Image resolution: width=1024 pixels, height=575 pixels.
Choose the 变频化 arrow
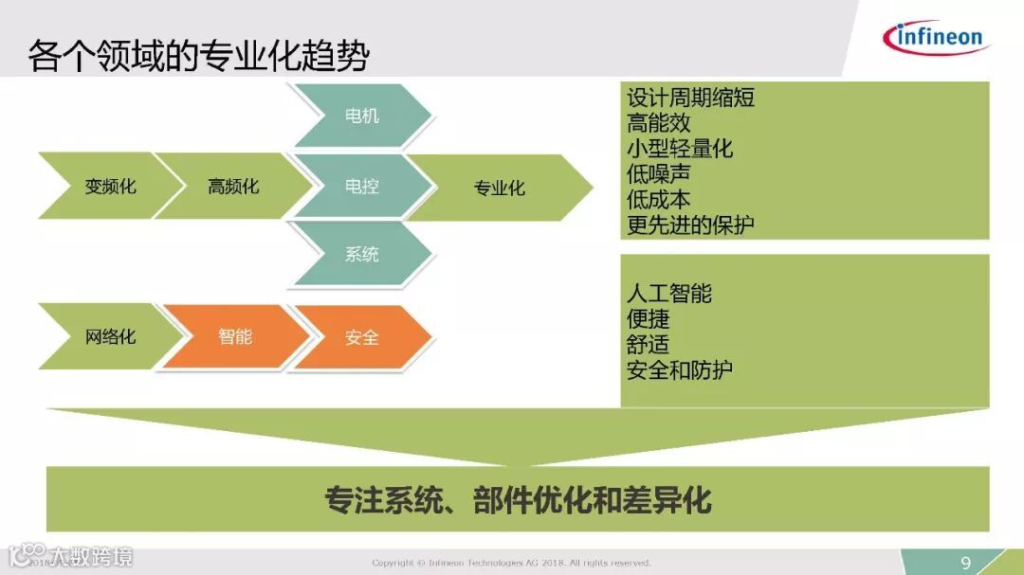(x=110, y=187)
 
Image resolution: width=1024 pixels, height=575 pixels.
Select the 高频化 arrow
(x=233, y=187)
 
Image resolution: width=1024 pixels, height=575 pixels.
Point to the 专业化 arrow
(x=499, y=188)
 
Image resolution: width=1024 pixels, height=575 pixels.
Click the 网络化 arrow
(x=110, y=336)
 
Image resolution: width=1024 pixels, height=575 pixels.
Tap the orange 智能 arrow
(x=235, y=336)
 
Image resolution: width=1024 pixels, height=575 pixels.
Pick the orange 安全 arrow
(x=361, y=337)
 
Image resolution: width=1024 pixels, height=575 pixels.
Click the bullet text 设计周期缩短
(x=690, y=98)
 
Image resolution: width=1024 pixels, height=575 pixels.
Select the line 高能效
(x=658, y=123)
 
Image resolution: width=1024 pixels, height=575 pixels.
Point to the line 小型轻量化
(x=679, y=149)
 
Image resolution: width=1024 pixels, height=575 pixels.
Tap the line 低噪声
(x=658, y=174)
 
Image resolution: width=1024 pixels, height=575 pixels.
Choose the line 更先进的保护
(x=690, y=225)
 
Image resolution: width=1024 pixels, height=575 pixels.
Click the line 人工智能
(x=668, y=294)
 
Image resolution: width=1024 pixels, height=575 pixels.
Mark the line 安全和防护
(x=679, y=370)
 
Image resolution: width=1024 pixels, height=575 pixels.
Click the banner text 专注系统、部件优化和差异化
(x=518, y=499)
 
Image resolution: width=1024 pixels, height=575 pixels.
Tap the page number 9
(x=966, y=564)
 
